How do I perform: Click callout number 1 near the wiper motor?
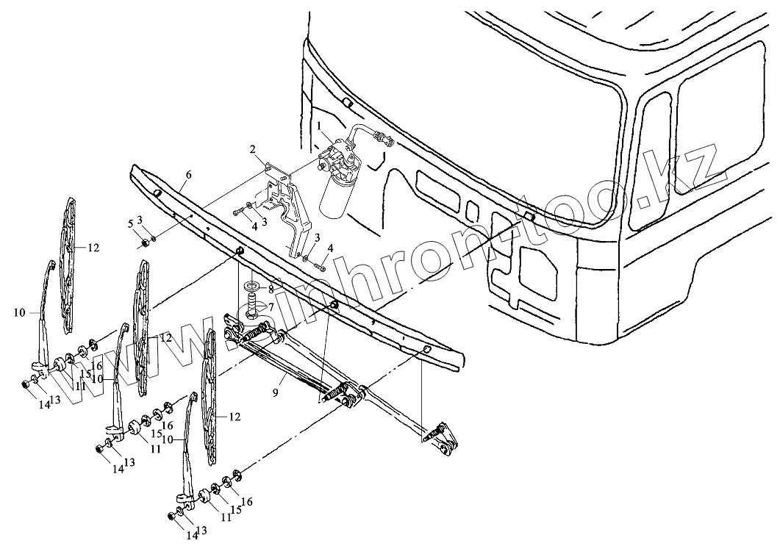click(320, 126)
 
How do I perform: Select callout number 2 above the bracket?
click(253, 150)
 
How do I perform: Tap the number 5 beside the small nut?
click(130, 223)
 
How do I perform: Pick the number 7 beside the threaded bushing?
click(270, 306)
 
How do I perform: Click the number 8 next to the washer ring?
click(271, 289)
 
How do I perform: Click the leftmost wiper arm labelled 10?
click(43, 316)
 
